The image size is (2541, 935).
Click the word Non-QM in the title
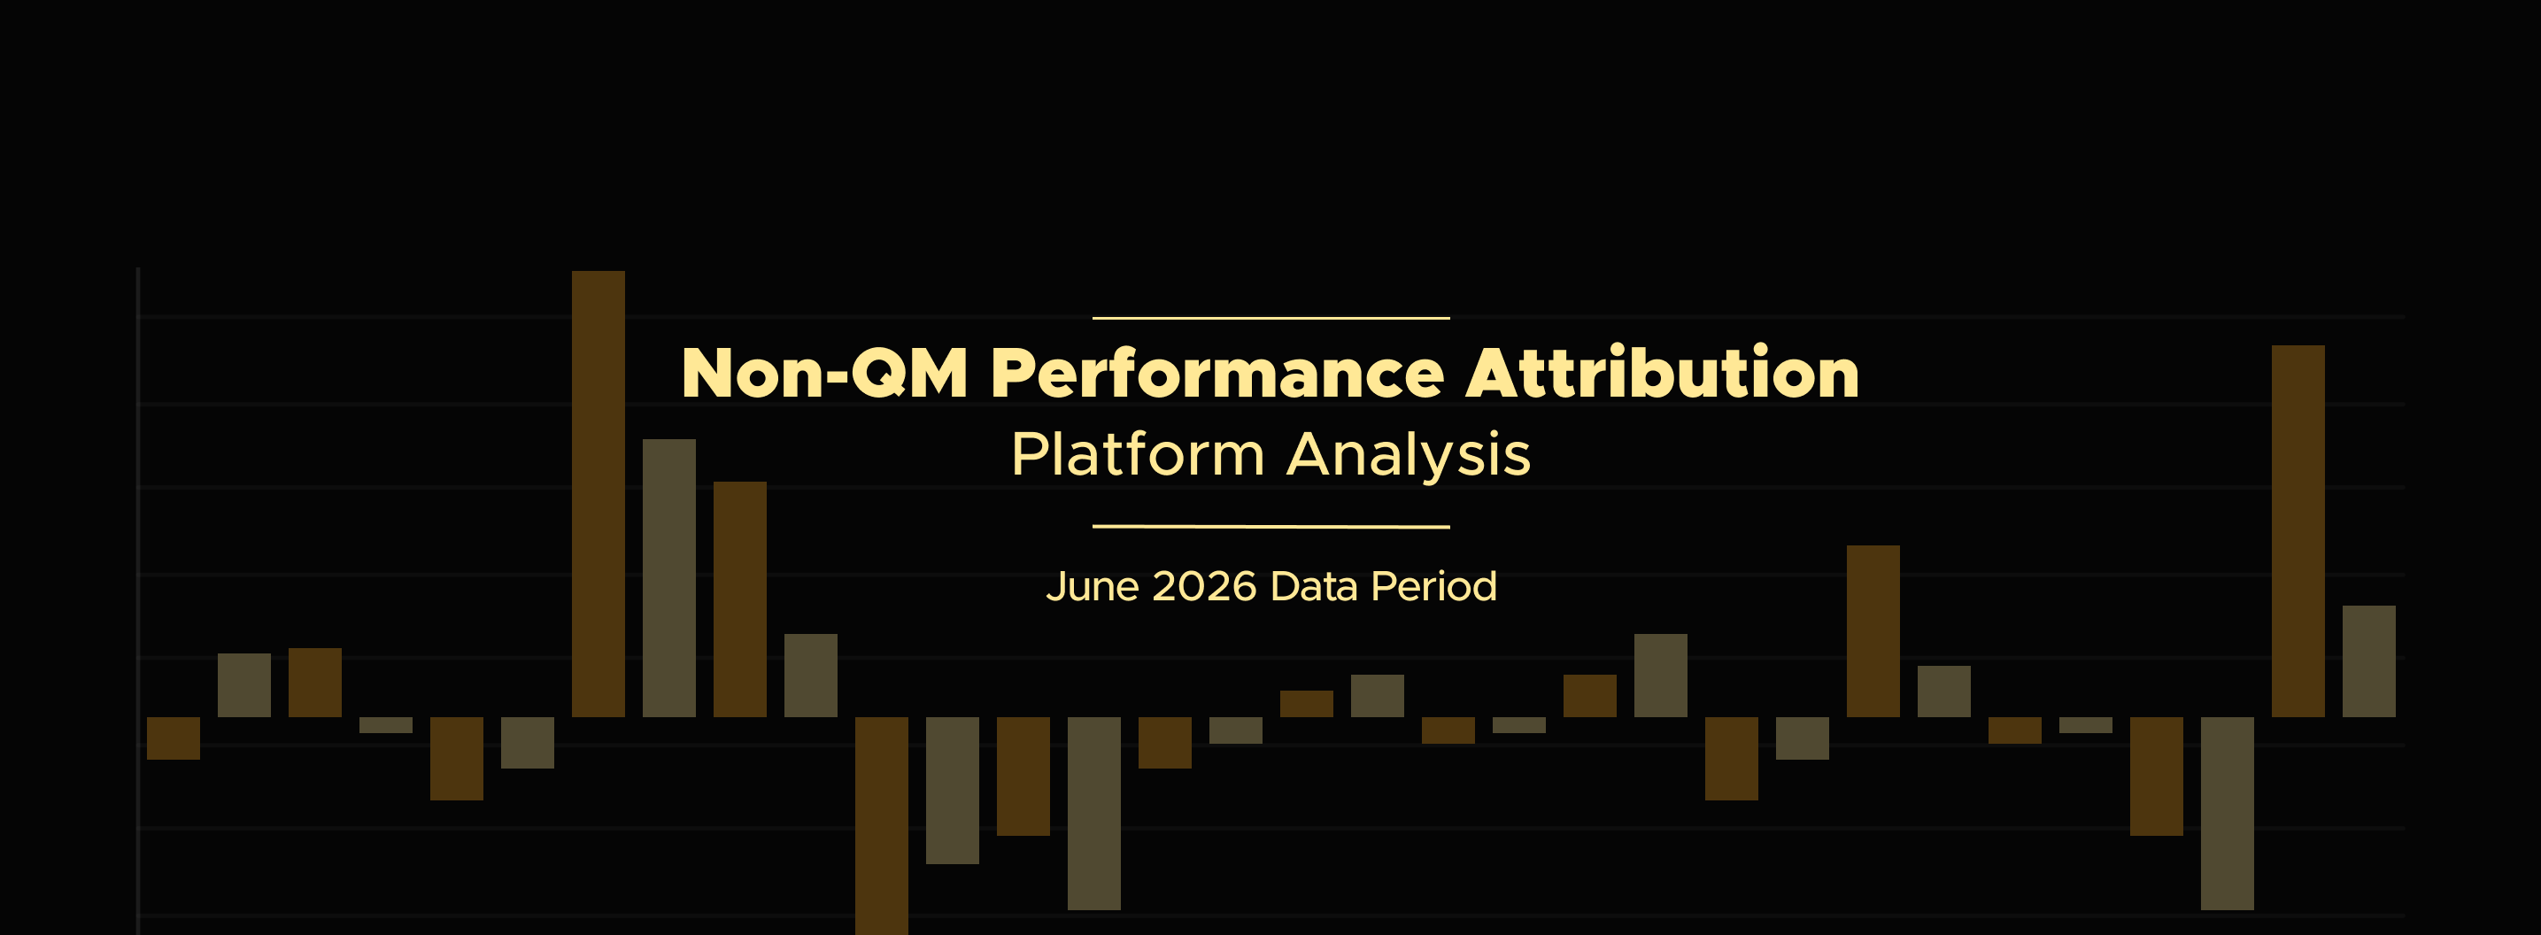coord(824,373)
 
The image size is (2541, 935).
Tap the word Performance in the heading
coord(1217,373)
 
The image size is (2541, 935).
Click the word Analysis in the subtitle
coord(1409,457)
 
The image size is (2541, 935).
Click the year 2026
coord(1204,586)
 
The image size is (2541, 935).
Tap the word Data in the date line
coord(1314,586)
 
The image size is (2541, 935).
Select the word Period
coord(1434,586)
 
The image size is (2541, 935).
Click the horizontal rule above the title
coord(1270,318)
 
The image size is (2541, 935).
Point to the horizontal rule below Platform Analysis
coord(1270,527)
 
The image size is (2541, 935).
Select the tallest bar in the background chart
coord(598,493)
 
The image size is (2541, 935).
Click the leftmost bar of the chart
coord(174,738)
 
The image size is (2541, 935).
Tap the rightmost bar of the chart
coord(2368,661)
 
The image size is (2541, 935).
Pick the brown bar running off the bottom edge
coord(882,825)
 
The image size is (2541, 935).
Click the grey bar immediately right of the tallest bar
coord(668,578)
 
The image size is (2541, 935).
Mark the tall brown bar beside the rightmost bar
coord(2298,530)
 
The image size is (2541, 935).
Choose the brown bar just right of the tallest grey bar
coord(740,599)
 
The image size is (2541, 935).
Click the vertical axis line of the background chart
coord(138,600)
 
